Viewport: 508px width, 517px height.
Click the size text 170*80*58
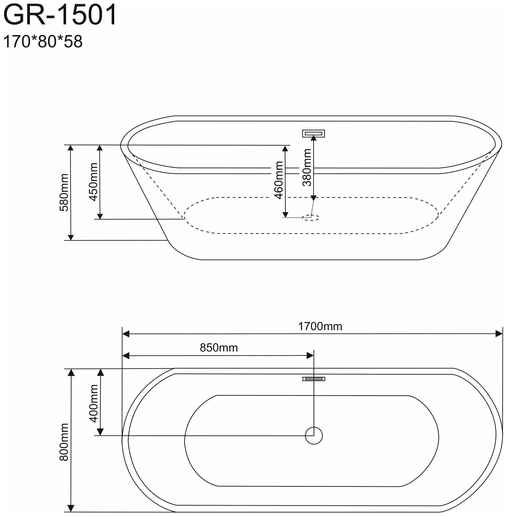(x=43, y=42)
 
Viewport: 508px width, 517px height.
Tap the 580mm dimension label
(x=64, y=192)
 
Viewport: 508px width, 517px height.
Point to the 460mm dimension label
(x=279, y=180)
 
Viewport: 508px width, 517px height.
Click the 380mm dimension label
(x=307, y=167)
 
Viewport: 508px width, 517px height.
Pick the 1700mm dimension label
(x=320, y=327)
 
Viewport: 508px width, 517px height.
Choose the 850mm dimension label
(x=219, y=348)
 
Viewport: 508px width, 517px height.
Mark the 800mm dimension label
(x=64, y=446)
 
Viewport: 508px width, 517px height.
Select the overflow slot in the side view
(x=313, y=134)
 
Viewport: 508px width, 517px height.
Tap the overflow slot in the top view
(x=313, y=379)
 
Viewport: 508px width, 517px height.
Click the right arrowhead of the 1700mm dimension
(x=499, y=334)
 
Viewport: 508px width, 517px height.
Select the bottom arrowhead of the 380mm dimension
(x=313, y=198)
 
